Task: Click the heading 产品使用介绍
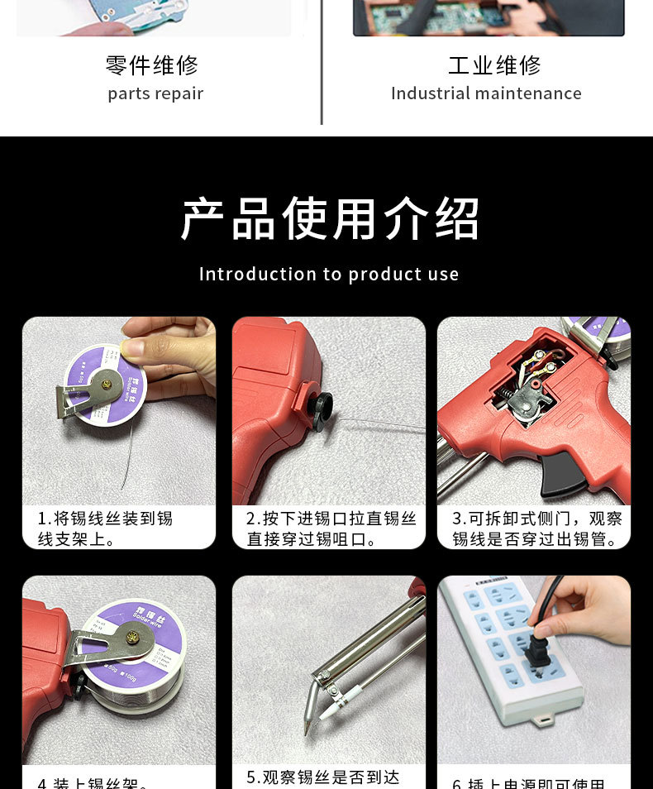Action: point(329,219)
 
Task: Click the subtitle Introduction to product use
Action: point(329,274)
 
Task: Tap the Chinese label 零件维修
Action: point(153,65)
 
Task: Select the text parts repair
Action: point(155,93)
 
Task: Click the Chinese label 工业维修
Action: point(494,65)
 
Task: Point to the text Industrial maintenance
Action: point(486,93)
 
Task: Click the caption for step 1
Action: point(105,528)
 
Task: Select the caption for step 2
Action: point(331,528)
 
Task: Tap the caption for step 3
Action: point(536,528)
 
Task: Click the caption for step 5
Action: point(322,777)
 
